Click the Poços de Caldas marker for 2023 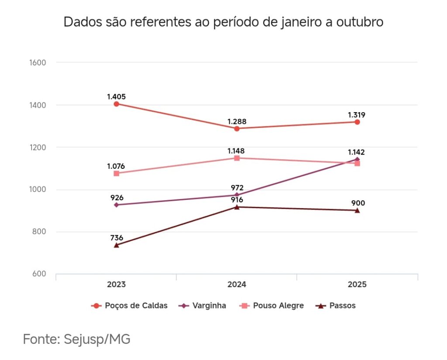pos(117,104)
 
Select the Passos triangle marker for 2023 pos(117,245)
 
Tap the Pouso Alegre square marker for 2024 pos(237,158)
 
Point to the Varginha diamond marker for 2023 pos(117,205)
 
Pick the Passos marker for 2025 pos(357,210)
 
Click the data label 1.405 pos(117,96)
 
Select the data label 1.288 pos(237,121)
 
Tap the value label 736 pos(117,238)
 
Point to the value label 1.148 pos(236,151)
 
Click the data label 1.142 pos(356,152)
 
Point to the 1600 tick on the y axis pos(38,62)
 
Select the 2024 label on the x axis pos(237,285)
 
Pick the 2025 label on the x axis pos(357,285)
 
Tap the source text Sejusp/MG pos(97,339)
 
